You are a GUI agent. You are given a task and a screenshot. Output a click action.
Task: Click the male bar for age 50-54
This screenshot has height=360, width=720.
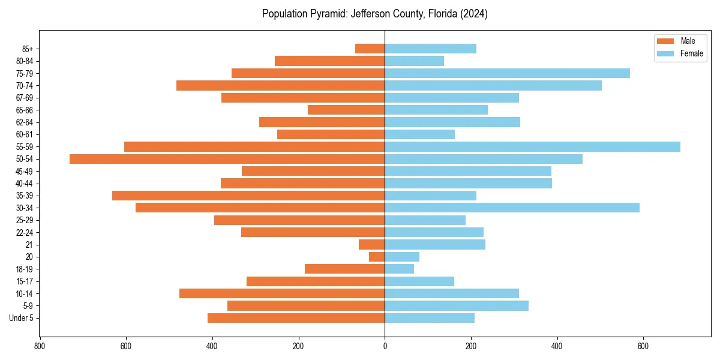tap(227, 159)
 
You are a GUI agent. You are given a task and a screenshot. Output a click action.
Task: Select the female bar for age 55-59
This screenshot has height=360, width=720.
tap(532, 147)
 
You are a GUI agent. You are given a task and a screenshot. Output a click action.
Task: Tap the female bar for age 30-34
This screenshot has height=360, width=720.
tap(512, 208)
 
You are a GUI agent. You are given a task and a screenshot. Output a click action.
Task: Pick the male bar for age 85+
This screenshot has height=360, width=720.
tap(370, 49)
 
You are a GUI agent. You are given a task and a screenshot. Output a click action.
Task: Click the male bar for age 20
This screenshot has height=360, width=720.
tap(377, 257)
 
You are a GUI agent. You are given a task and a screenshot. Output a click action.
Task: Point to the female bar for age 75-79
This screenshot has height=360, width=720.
tap(507, 73)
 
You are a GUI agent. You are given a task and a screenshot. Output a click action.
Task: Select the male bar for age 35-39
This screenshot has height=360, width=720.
tap(248, 196)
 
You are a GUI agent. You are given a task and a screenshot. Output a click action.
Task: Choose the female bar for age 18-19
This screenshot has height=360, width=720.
tap(399, 269)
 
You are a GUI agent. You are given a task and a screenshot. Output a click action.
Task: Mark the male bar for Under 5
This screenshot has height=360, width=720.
tap(296, 318)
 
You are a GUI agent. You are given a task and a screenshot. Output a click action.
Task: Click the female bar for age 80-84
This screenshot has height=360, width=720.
tap(414, 61)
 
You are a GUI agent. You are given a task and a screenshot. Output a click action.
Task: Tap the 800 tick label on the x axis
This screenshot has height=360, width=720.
tap(40, 346)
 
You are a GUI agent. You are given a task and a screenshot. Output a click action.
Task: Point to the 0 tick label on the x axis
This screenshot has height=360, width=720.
tap(385, 346)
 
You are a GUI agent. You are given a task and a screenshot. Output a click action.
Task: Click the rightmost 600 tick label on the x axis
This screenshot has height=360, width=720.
tap(643, 346)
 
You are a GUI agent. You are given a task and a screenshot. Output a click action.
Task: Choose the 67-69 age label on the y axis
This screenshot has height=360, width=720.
tap(25, 98)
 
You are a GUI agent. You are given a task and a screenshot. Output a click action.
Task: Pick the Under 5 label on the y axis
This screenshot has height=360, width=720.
tap(21, 318)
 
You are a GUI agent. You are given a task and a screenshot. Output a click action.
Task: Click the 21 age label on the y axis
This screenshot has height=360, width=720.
tap(29, 245)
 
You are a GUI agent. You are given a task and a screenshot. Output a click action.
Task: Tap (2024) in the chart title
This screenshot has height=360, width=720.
tap(473, 14)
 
